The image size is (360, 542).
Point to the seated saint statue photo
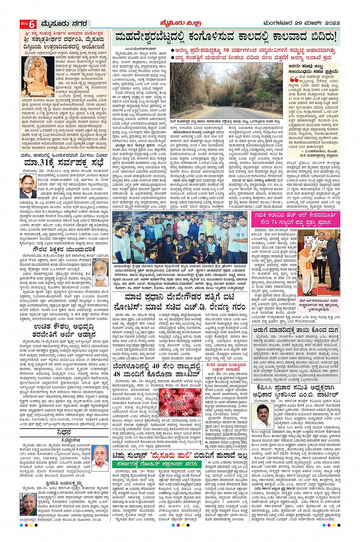tap(37, 77)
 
